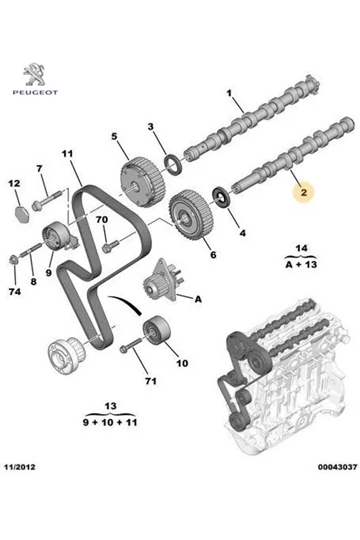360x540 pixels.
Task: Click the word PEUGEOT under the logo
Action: pyautogui.click(x=35, y=93)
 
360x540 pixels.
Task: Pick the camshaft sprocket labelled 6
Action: pyautogui.click(x=191, y=214)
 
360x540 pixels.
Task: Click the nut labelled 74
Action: pyautogui.click(x=13, y=259)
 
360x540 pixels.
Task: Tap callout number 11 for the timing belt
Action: pyautogui.click(x=68, y=154)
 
